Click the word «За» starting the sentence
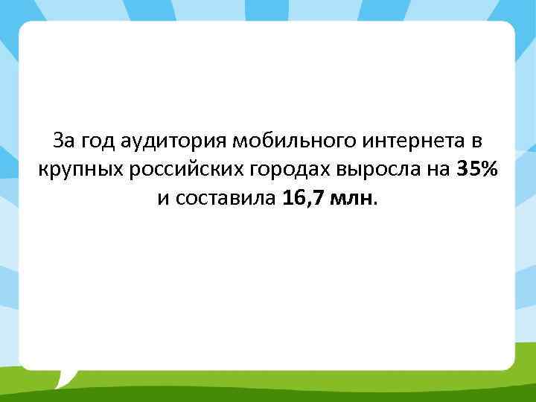coord(65,141)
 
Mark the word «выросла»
coord(372,170)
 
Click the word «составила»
coord(228,199)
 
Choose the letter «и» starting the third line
coord(162,199)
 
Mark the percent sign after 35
coord(488,170)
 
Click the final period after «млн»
coord(377,204)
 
